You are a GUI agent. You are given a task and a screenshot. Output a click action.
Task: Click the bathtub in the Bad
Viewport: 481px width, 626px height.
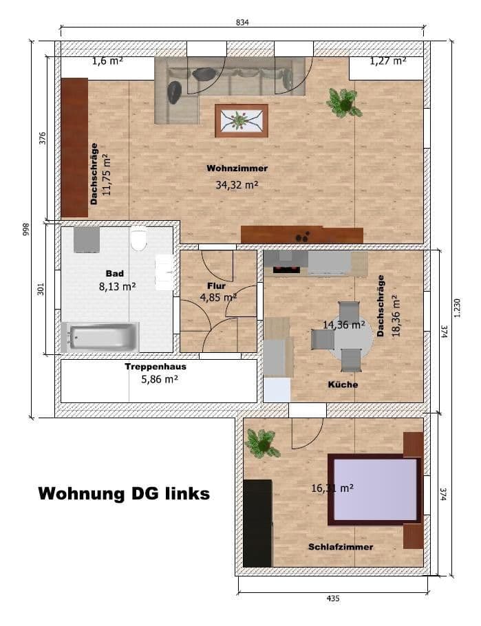pyautogui.click(x=100, y=337)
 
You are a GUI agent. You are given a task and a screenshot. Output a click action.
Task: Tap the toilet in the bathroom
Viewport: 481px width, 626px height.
pyautogui.click(x=138, y=239)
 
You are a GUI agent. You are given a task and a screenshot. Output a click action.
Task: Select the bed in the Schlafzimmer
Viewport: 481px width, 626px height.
pyautogui.click(x=376, y=489)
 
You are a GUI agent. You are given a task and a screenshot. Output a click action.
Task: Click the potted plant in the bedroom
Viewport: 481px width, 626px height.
pyautogui.click(x=261, y=442)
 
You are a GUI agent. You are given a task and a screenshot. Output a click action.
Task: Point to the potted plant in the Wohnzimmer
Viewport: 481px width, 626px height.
pyautogui.click(x=343, y=102)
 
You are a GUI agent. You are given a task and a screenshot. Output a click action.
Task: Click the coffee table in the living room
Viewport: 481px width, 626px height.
pyautogui.click(x=241, y=121)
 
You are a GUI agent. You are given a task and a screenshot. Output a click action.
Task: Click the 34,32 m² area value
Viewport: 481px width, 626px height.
pyautogui.click(x=237, y=184)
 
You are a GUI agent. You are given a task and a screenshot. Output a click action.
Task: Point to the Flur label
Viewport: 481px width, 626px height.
pyautogui.click(x=216, y=285)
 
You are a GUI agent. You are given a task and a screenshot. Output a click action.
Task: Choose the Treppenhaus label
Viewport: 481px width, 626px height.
pyautogui.click(x=155, y=367)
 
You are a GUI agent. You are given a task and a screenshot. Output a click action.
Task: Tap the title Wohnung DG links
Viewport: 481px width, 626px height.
pyautogui.click(x=123, y=493)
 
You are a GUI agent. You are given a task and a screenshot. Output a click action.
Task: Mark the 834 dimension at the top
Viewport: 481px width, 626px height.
pyautogui.click(x=242, y=22)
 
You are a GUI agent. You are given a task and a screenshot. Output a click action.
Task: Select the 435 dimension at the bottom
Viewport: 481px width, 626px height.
pyautogui.click(x=333, y=598)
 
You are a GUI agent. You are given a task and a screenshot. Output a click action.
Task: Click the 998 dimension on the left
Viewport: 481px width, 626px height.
pyautogui.click(x=25, y=229)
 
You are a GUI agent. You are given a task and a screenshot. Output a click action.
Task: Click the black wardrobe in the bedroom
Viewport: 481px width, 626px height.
pyautogui.click(x=257, y=523)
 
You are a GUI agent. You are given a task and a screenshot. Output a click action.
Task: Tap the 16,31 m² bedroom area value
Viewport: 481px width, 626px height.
pyautogui.click(x=332, y=487)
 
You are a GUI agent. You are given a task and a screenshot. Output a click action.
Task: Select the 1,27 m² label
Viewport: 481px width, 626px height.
pyautogui.click(x=388, y=61)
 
